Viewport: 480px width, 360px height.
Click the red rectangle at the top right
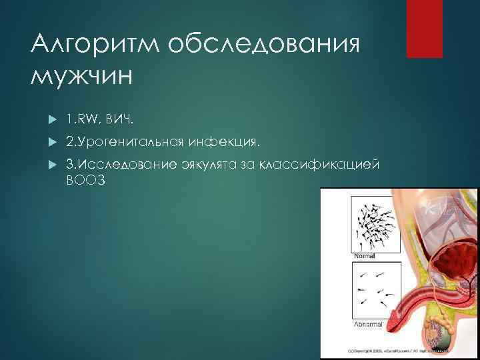tap(425, 29)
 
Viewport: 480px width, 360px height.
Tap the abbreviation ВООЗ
tap(86, 181)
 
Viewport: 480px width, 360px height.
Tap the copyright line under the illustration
tap(400, 349)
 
